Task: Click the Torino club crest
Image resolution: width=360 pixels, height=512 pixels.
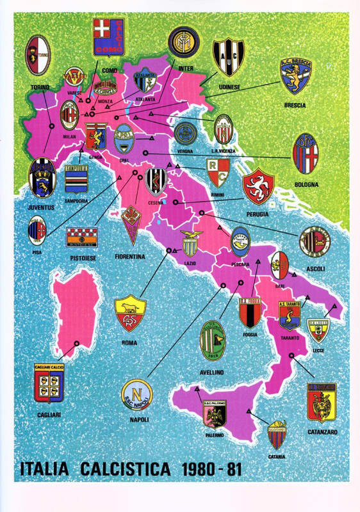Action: point(37,56)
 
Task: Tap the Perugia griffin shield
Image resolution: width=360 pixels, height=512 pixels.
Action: point(259,186)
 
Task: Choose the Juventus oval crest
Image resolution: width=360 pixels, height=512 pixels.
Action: point(42,178)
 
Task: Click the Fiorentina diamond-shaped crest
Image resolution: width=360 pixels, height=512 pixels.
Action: point(132,225)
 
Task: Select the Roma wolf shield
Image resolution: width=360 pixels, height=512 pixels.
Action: point(130,314)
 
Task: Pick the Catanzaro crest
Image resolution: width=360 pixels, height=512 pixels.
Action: point(322,403)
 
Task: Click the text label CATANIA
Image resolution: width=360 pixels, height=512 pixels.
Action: point(277,456)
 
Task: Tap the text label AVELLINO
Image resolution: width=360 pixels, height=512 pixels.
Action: point(210,372)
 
